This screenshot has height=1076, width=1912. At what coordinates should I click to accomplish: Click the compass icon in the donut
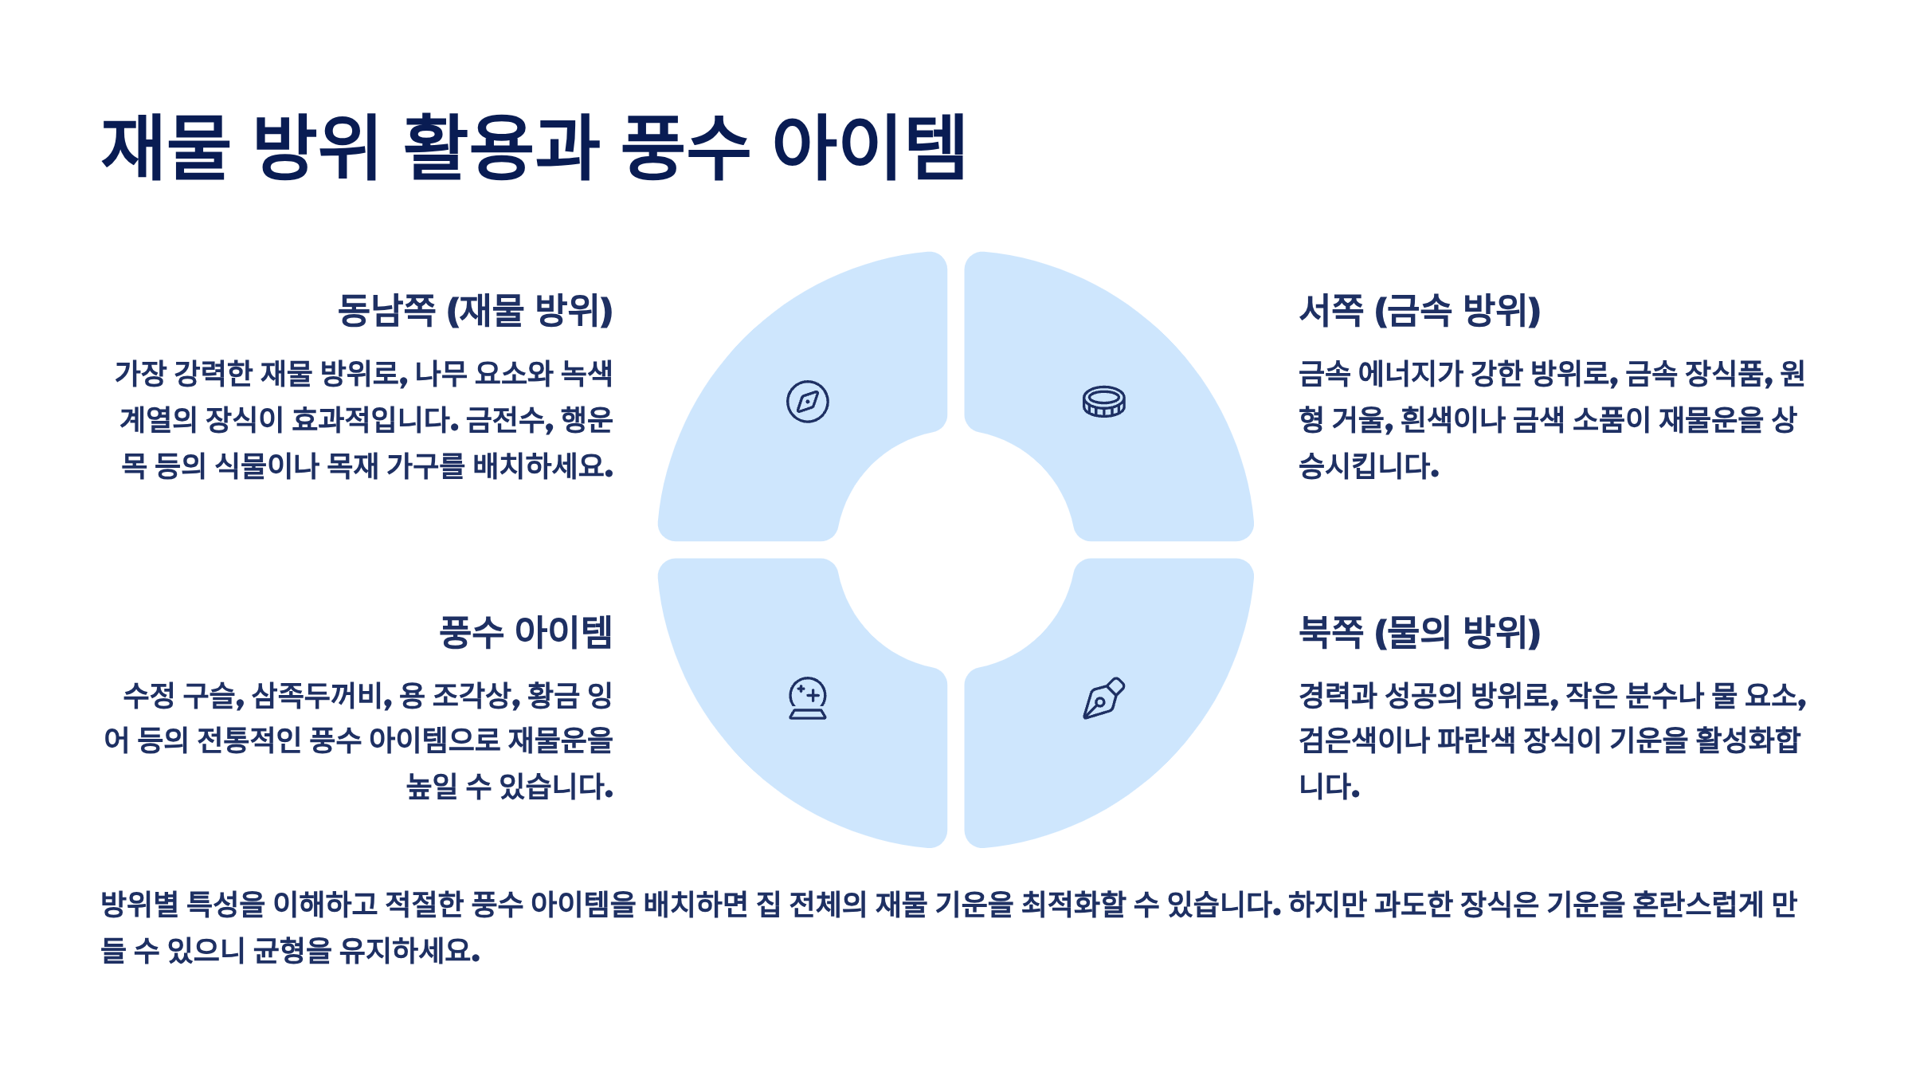[807, 402]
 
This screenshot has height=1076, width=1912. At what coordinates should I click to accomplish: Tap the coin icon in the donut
[1103, 402]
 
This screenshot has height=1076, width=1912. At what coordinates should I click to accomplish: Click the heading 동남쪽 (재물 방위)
[475, 311]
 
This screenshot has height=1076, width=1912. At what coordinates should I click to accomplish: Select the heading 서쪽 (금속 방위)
[1420, 311]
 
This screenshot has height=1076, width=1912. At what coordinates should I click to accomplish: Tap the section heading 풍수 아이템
[526, 633]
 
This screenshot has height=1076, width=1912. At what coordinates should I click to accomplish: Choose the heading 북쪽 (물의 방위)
[1420, 633]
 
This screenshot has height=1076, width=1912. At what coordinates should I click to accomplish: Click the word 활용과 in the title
[501, 148]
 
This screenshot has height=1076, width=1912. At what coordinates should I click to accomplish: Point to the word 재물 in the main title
[166, 148]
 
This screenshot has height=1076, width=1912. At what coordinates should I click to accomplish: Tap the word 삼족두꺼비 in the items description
[322, 696]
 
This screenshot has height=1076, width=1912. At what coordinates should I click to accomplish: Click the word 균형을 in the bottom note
[292, 951]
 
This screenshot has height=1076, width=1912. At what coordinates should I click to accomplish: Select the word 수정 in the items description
[149, 696]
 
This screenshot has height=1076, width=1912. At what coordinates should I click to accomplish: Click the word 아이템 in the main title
[869, 148]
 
